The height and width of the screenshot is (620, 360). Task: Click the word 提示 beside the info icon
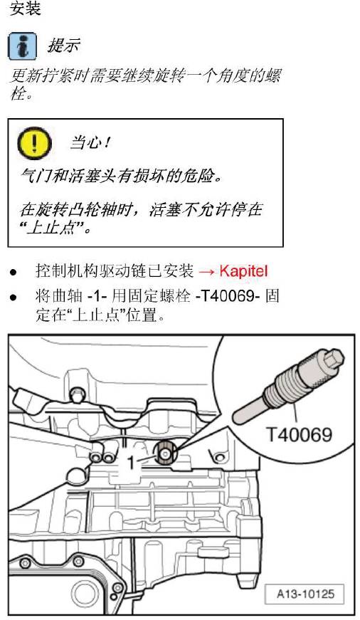[x=63, y=46]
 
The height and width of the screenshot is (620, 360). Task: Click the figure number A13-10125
[x=305, y=592]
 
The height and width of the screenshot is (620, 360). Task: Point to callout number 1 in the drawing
[x=131, y=463]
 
